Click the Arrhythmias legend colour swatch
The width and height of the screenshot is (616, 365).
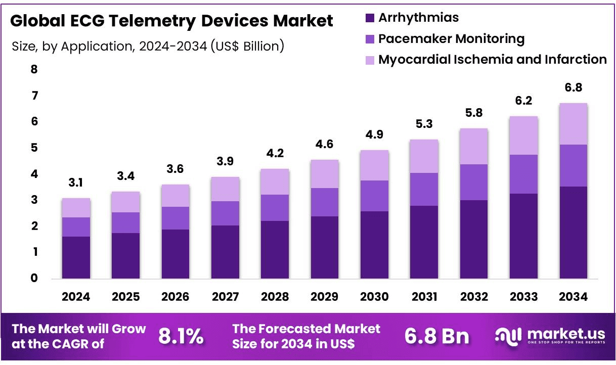pos(370,18)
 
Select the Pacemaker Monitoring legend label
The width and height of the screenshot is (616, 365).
pos(452,39)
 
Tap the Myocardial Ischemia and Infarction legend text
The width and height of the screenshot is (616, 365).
pos(493,59)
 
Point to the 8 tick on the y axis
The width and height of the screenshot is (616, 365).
pos(34,69)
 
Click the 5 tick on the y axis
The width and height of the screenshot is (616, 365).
pos(34,148)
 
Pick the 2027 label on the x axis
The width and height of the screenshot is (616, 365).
pos(225,297)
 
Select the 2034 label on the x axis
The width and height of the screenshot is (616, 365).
pos(574,297)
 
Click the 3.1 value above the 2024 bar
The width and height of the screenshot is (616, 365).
pos(76,182)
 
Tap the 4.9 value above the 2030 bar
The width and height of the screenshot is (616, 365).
pos(374,134)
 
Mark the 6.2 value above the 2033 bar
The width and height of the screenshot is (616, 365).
pos(523,101)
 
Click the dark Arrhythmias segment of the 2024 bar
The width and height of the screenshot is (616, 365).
pos(76,257)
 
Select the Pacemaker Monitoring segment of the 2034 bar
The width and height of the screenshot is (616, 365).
pos(574,166)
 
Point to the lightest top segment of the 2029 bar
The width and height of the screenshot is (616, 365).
pos(325,174)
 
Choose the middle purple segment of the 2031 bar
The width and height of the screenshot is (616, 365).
pos(424,190)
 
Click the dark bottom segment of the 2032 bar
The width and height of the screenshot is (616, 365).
pos(474,240)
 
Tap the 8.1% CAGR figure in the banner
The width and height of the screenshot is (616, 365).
pos(181,336)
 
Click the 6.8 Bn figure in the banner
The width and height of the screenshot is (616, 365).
pos(436,336)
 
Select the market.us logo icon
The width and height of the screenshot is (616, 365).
pos(508,337)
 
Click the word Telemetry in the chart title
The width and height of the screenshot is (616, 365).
pos(152,21)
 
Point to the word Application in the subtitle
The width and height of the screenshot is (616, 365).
pos(96,47)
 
